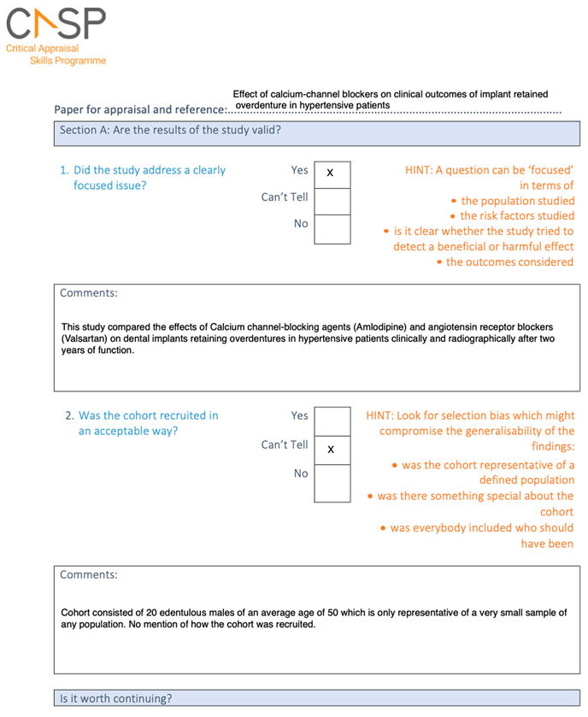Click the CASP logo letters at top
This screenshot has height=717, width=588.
[55, 21]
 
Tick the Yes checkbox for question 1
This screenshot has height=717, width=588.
[332, 173]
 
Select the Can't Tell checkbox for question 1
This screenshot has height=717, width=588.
[332, 201]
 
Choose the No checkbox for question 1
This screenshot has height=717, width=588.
[332, 229]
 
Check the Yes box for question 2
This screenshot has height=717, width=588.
[332, 420]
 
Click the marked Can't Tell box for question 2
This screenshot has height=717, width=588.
[332, 450]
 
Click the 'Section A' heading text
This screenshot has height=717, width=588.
[169, 131]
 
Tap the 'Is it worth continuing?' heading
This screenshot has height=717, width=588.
[115, 698]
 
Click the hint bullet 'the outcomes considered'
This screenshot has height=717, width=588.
[509, 262]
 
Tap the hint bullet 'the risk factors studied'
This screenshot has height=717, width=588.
[517, 216]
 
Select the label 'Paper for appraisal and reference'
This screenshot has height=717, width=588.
[139, 109]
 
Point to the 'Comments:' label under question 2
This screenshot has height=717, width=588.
[89, 575]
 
